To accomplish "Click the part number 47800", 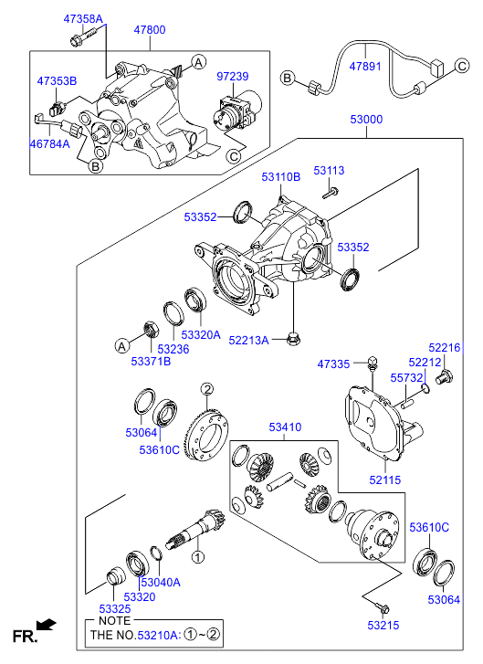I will point(150,30).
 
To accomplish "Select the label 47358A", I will point(83,18).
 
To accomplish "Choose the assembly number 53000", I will point(367,120).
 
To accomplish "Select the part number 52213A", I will point(248,340).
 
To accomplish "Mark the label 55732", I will point(406,376).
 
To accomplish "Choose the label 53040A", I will point(160,582).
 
